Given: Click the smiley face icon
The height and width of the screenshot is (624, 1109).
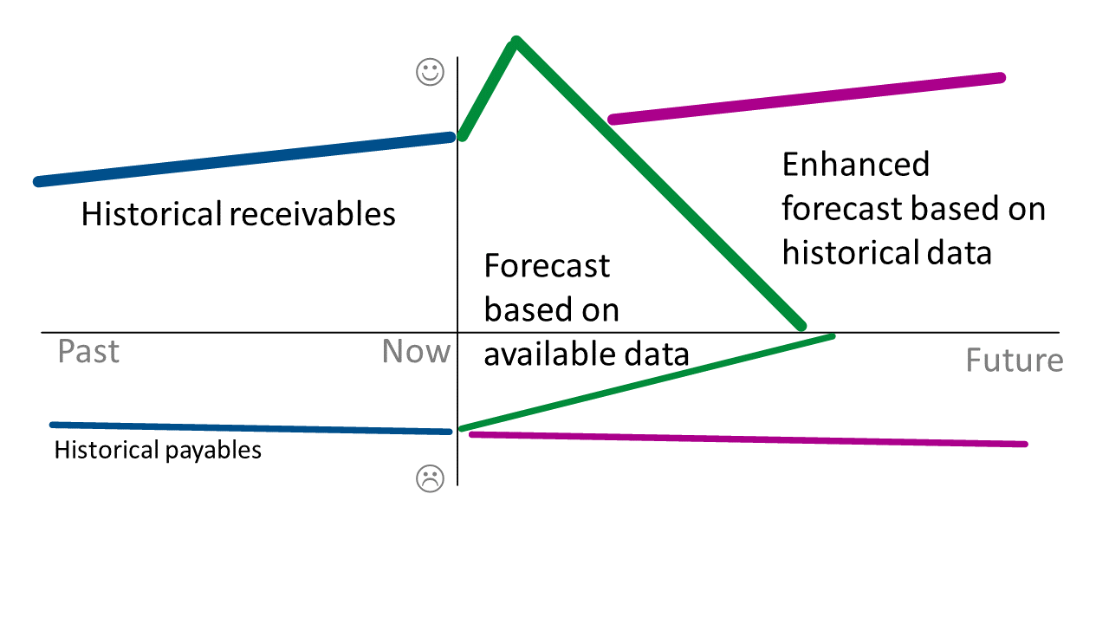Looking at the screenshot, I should coord(431,73).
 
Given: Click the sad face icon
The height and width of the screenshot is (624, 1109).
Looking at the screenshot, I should coord(430,478).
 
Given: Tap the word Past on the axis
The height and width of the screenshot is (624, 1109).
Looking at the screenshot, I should coord(88,352).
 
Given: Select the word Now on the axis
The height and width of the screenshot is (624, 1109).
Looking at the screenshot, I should coord(416,352).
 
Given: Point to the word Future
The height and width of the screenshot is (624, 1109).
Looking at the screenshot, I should coord(1015,360).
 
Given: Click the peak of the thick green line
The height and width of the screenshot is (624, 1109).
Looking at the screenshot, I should coord(516,41).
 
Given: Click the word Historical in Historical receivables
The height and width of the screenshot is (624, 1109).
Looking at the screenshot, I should coord(151,213).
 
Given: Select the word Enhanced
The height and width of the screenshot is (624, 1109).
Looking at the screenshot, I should coord(856,164).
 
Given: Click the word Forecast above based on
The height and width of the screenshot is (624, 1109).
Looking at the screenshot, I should coord(547,265).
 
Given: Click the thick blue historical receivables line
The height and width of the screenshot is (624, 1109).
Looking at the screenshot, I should coord(243,159).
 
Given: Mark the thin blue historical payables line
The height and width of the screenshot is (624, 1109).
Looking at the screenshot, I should coord(251,428).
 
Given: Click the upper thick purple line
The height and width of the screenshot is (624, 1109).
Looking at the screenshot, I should coord(806,98).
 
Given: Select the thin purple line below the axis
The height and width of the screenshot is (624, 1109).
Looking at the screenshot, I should coord(745,439).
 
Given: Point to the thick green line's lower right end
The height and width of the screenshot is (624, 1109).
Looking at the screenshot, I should coord(801,326).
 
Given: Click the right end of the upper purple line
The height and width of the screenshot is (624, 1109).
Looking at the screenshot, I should coord(1001,78).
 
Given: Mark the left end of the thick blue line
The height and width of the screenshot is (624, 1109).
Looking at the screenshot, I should coord(38,182).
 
